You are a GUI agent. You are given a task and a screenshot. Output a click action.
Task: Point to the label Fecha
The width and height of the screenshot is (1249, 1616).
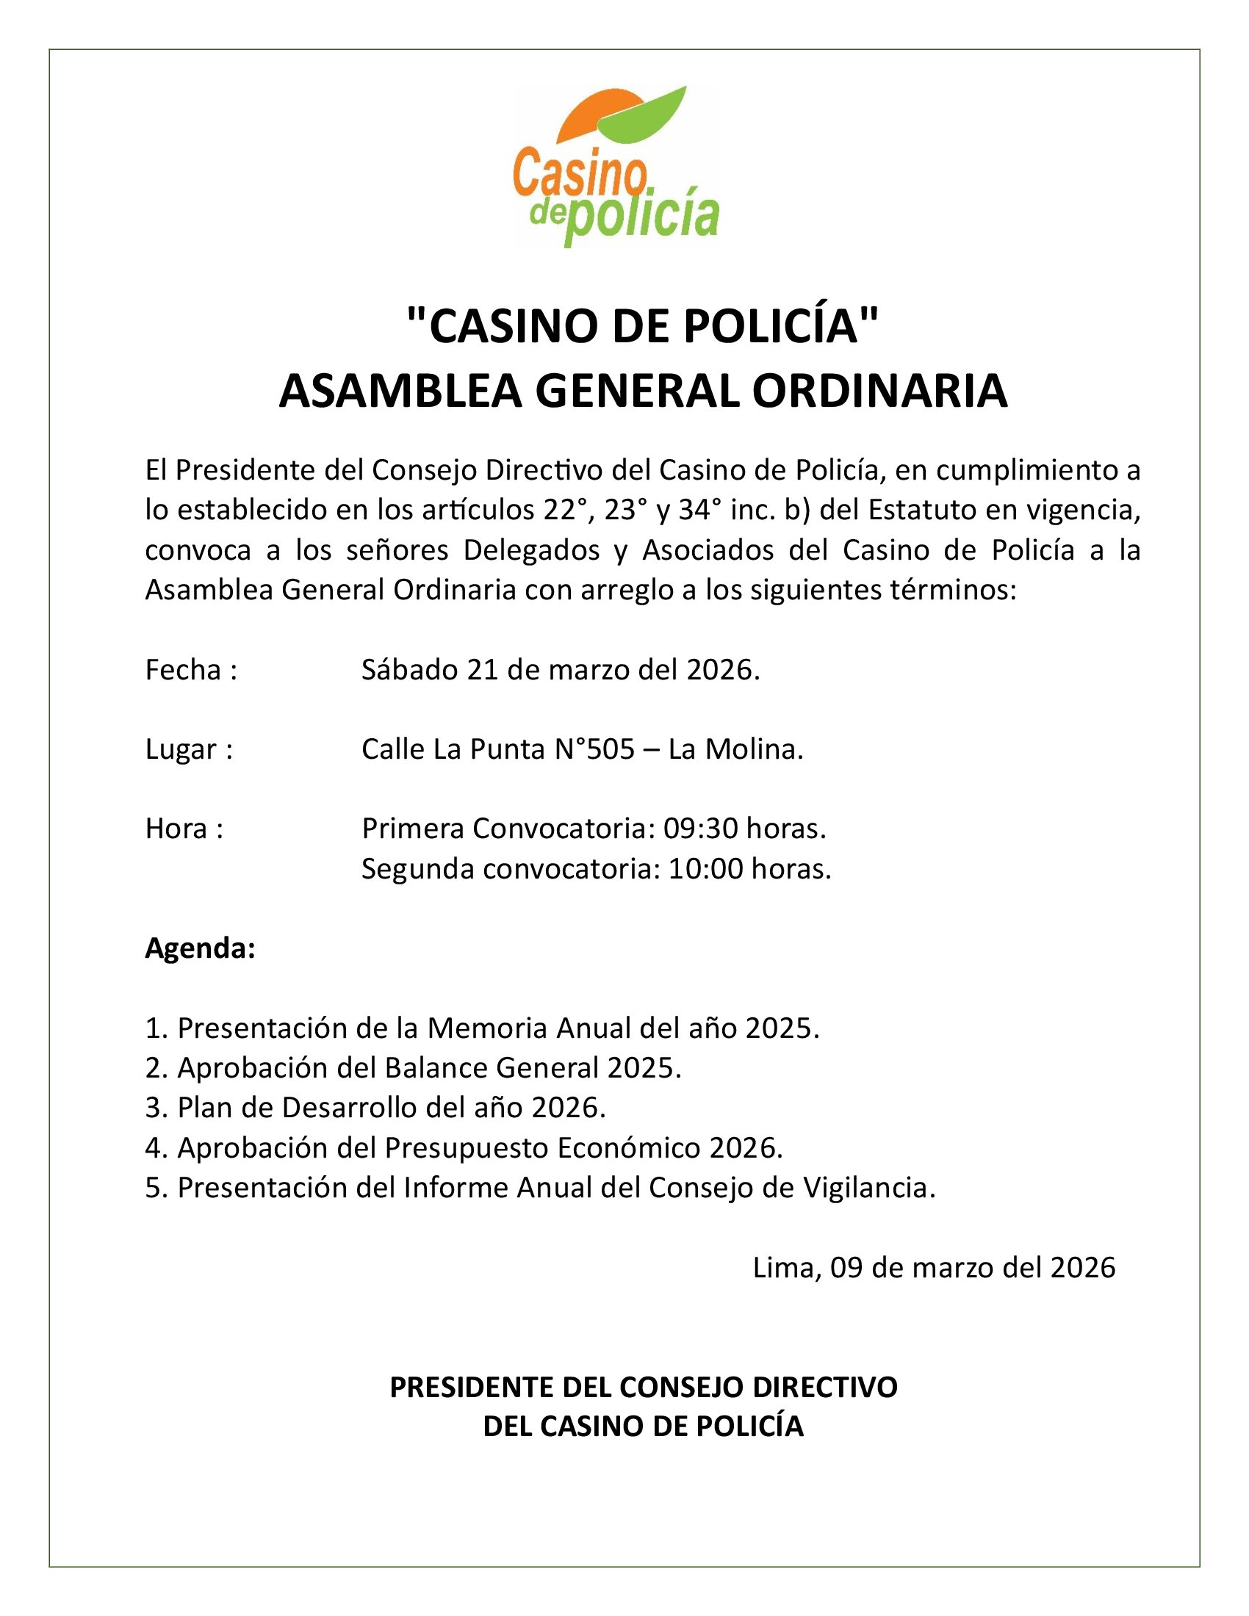click(x=183, y=671)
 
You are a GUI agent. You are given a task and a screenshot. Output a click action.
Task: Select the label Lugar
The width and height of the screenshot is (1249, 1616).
click(x=182, y=749)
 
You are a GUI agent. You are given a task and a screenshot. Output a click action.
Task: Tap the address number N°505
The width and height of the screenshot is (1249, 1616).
click(x=594, y=749)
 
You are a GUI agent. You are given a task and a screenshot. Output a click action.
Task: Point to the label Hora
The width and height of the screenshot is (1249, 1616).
click(x=176, y=829)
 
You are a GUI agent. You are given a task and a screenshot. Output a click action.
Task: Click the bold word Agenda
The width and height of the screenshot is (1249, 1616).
click(x=200, y=948)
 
